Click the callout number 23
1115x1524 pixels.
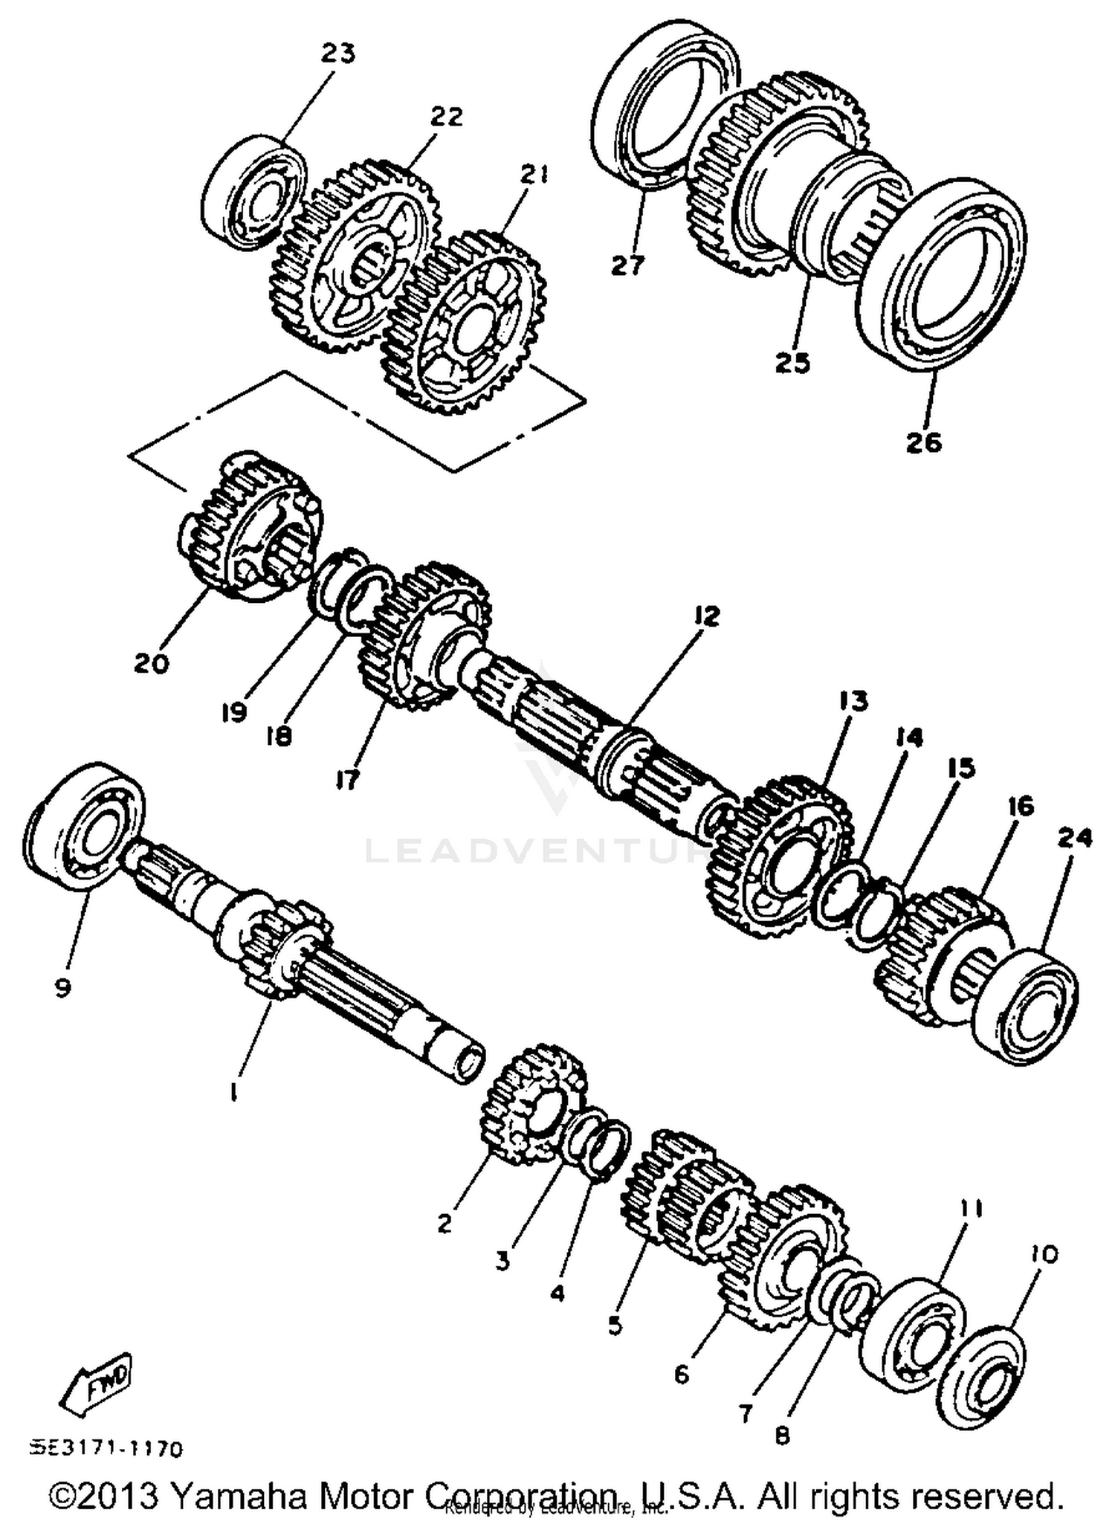point(338,54)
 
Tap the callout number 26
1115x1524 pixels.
point(924,442)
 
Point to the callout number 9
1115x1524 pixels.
point(62,987)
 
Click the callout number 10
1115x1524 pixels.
point(1044,1255)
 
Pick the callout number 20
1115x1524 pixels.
point(152,662)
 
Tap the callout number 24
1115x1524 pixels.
point(1074,838)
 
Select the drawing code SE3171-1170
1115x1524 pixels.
point(106,1449)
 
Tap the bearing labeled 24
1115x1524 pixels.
point(1026,1004)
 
